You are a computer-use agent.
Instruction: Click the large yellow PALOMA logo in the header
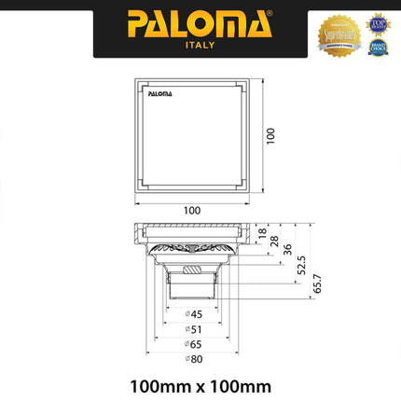pyautogui.click(x=200, y=23)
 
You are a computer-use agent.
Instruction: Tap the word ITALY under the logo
pyautogui.click(x=200, y=45)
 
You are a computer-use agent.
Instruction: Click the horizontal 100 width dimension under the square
pyautogui.click(x=191, y=209)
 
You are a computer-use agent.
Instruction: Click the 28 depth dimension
pyautogui.click(x=273, y=242)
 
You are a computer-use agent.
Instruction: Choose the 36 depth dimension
pyautogui.click(x=286, y=250)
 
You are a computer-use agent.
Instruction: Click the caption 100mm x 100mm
pyautogui.click(x=200, y=383)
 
